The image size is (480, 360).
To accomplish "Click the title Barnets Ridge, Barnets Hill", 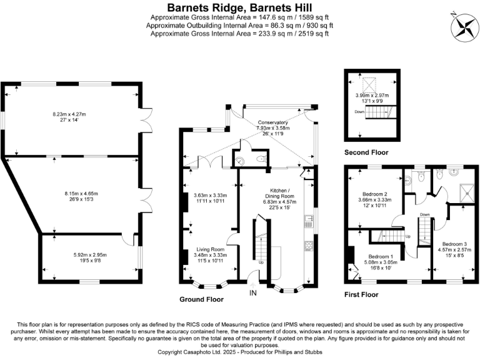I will pyautogui.click(x=239, y=7).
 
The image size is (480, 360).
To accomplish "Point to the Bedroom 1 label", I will pyautogui.click(x=381, y=256).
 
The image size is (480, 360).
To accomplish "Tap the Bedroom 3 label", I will pyautogui.click(x=454, y=243).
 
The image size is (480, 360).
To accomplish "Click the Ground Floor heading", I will pyautogui.click(x=201, y=299).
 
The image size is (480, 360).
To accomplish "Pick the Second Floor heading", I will pyautogui.click(x=366, y=152).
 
